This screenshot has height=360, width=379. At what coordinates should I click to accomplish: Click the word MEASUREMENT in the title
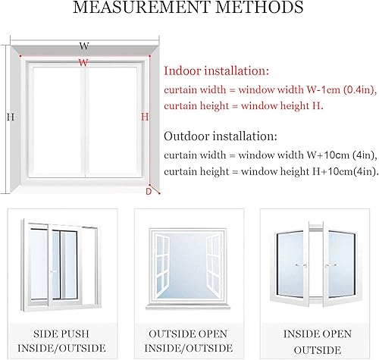point(142,7)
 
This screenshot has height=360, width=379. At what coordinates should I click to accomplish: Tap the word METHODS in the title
point(259,7)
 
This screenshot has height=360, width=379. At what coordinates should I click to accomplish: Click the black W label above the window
point(84,46)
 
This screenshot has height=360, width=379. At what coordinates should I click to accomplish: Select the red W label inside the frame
point(83,62)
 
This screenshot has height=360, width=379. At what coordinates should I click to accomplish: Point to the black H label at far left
point(11,117)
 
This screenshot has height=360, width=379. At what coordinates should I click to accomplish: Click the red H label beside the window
point(145,117)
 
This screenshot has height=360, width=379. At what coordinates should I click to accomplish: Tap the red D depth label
point(149,192)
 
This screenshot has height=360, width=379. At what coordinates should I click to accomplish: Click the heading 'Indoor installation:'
point(217,70)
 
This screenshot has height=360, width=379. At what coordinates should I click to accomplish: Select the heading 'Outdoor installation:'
point(221,136)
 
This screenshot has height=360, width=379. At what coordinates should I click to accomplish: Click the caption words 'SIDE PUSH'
point(61,334)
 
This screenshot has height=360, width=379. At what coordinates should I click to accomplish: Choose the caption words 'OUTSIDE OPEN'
point(188,334)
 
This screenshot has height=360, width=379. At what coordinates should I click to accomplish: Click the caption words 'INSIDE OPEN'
point(318,334)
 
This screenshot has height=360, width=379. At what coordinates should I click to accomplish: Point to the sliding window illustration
point(61,265)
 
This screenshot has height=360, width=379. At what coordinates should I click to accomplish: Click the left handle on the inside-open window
point(301,265)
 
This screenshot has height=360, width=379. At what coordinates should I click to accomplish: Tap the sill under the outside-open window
point(188,306)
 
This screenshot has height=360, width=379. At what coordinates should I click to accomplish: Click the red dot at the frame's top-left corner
point(20,56)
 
